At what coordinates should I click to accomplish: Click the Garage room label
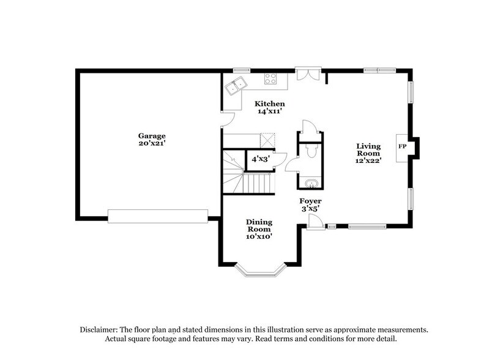151,135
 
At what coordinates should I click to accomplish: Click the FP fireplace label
402,147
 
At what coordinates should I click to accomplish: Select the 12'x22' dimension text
369,160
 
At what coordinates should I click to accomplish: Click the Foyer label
310,201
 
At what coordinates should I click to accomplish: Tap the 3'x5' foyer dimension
310,208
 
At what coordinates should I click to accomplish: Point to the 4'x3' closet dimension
259,158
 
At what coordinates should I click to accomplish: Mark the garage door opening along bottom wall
157,216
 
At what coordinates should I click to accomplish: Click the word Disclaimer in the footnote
100,329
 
